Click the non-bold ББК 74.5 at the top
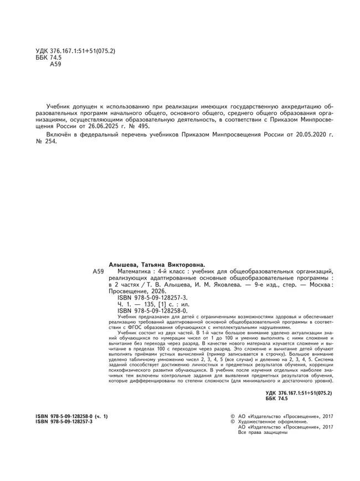point(48,58)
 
